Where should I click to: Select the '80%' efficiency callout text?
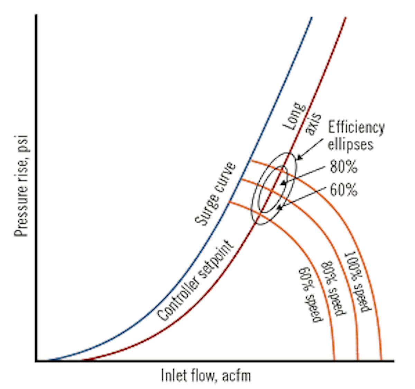[x=343, y=168]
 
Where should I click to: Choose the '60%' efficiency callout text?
[x=343, y=190]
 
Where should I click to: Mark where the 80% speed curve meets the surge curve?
[x=241, y=179]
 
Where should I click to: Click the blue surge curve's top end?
[x=311, y=17]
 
